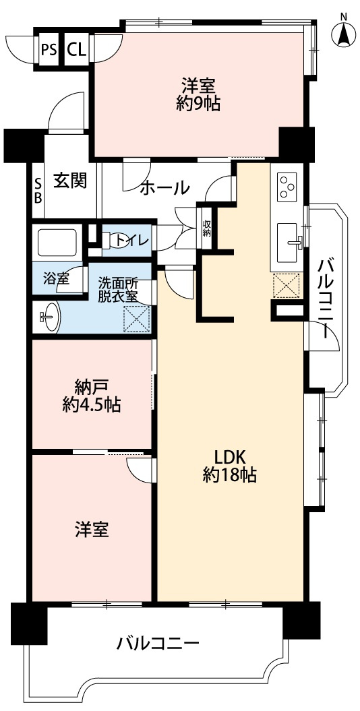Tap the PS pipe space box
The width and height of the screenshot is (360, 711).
[49, 49]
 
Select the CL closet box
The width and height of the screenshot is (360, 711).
[76, 49]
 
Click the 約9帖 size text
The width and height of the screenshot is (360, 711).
[198, 104]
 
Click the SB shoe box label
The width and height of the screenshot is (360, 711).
[38, 191]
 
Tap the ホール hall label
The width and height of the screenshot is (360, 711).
[164, 189]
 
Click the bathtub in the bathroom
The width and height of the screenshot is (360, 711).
[58, 243]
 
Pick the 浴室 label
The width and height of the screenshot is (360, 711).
[57, 279]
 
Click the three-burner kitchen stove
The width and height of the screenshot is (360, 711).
[287, 185]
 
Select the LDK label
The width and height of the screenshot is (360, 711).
[229, 455]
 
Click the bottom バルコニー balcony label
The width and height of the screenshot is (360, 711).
[157, 642]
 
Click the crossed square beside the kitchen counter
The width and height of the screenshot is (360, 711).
[286, 286]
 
